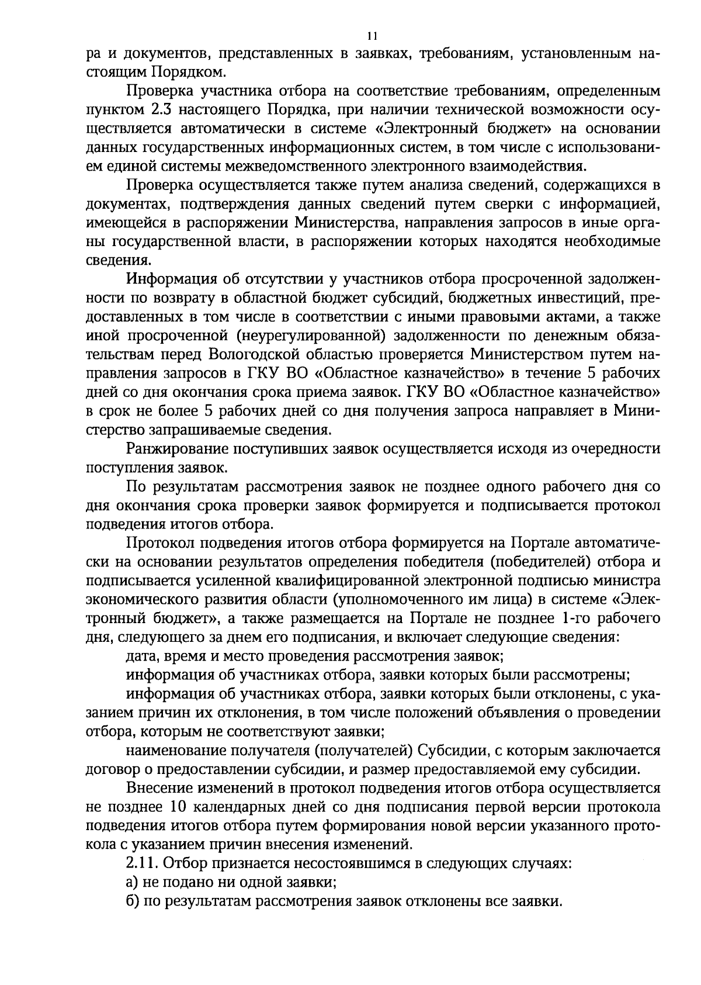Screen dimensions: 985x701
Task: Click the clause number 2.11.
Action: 141,863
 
